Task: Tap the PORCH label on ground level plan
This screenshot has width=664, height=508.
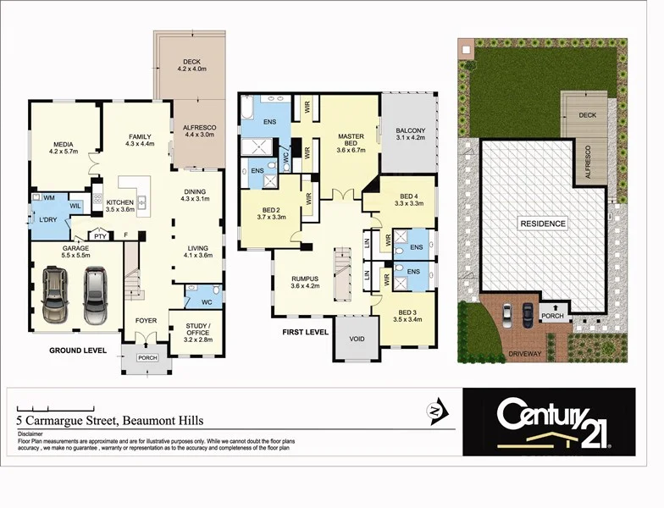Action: pos(147,357)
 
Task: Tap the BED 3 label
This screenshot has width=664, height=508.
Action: pos(407,315)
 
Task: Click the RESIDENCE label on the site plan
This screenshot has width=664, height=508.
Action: pos(543,224)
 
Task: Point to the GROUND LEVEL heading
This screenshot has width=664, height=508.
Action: pos(77,350)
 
